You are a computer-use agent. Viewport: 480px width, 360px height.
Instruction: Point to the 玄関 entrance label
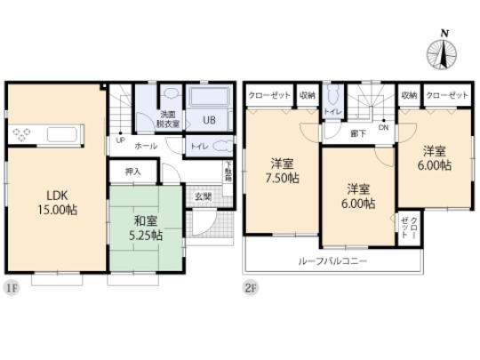tap(203, 197)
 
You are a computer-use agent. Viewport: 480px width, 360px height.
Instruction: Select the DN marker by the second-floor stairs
tap(384, 126)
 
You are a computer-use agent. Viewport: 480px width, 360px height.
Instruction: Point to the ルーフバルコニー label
tap(332, 261)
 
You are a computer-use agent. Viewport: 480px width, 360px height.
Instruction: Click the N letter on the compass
tap(444, 33)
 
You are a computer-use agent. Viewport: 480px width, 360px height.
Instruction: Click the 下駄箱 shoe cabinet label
tap(228, 172)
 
